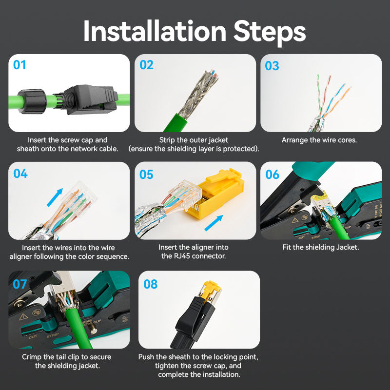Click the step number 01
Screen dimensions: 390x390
pyautogui.click(x=19, y=65)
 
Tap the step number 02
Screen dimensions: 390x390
pyautogui.click(x=146, y=65)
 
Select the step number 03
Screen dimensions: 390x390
pyautogui.click(x=272, y=65)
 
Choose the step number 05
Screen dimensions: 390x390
pyautogui.click(x=147, y=174)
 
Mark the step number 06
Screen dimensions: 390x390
pyautogui.click(x=273, y=174)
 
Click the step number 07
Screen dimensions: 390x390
pyautogui.click(x=20, y=283)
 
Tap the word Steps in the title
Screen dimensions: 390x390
pyautogui.click(x=269, y=32)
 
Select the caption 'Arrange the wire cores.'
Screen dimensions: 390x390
pyautogui.click(x=319, y=140)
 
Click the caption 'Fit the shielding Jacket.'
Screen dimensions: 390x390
pyautogui.click(x=320, y=247)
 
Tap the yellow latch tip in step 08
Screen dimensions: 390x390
pyautogui.click(x=209, y=285)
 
